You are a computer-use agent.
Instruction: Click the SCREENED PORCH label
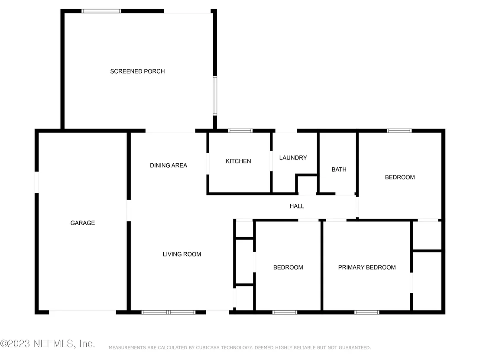coord(137,71)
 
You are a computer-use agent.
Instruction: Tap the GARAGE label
coord(83,223)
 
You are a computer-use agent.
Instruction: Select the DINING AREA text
coord(169,165)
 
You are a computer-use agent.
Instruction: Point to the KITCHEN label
coord(238,161)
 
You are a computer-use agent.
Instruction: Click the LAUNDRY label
coord(293,158)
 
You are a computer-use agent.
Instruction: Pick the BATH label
coord(339,169)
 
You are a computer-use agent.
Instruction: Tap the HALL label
coord(297,206)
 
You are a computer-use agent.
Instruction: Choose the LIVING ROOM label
coord(182,254)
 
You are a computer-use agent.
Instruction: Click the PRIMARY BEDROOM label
coord(367,268)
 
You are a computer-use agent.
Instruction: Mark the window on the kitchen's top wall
coord(240,131)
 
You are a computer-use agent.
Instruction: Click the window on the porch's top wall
coord(101,11)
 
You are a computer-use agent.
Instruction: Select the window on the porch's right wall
coord(215,95)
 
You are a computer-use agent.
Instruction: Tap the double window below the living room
coord(169,312)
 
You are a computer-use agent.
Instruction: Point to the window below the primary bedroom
coord(367,312)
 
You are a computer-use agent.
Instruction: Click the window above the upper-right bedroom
coord(399,131)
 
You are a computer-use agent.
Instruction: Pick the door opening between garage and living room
coord(129,211)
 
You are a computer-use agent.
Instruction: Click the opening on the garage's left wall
coord(37,182)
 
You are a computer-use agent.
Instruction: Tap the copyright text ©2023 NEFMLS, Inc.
coord(48,344)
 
